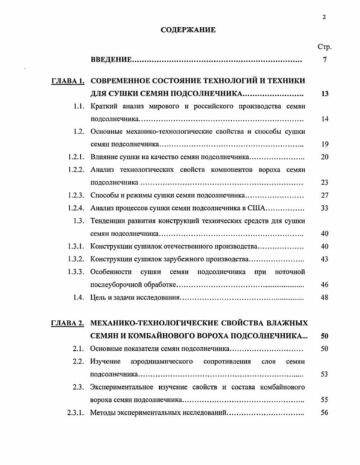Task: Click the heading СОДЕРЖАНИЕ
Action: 188,30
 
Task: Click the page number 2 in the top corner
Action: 324,17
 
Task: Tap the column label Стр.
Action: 324,47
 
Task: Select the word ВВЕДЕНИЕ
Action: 111,60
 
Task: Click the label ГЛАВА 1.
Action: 67,82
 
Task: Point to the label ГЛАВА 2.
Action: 67,324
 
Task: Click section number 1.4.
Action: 79,298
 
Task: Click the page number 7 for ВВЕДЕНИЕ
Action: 325,60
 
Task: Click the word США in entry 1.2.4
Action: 258,208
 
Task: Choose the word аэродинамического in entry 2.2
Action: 162,362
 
